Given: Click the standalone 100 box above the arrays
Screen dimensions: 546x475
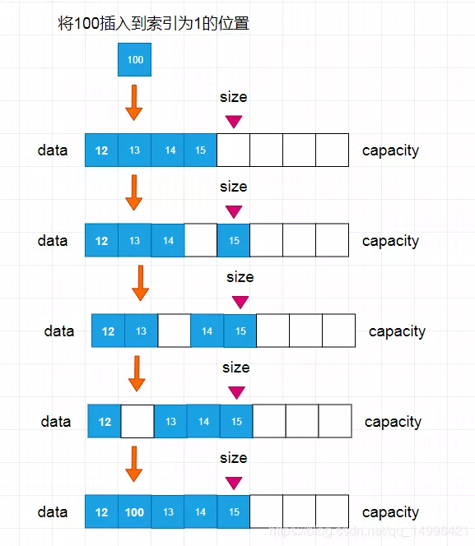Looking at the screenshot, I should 135,60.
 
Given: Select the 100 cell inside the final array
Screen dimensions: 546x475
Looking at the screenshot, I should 134,512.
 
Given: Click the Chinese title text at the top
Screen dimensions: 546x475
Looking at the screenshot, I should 152,24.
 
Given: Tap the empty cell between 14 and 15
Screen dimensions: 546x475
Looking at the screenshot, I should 200,241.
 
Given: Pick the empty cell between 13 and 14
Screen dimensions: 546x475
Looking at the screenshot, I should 174,331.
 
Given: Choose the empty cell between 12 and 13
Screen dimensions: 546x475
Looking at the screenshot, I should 137,422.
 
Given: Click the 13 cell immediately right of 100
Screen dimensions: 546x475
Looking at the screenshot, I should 168,512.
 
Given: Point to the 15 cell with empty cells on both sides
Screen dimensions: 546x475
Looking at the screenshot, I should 234,241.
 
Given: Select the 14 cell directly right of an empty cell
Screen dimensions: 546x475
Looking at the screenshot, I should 207,331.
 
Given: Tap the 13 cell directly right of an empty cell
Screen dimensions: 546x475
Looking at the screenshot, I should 170,422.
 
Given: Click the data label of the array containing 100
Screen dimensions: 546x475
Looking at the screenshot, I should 53,512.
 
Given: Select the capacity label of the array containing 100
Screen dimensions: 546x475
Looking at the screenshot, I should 390,512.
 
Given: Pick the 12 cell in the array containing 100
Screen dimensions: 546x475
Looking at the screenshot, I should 101,512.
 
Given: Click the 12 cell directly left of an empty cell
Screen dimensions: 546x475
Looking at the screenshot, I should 105,422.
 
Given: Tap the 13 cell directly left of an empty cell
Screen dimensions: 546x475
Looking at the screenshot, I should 141,331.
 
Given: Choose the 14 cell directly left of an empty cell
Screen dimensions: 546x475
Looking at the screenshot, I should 168,241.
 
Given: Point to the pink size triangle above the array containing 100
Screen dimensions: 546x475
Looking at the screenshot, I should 234,482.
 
